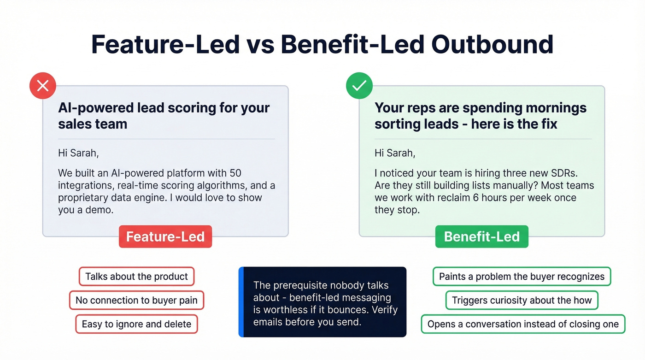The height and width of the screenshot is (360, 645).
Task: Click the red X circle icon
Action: pos(43,86)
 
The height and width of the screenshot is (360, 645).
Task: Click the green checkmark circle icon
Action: pos(359,86)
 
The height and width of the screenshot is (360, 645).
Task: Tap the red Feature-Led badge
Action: pos(165,236)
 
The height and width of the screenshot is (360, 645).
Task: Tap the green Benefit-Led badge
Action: pos(481,236)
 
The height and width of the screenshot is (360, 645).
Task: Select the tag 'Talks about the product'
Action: pos(136,277)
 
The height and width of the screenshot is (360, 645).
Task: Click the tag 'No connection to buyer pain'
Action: pos(136,300)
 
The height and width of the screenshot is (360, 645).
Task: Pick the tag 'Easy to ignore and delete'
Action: pos(136,324)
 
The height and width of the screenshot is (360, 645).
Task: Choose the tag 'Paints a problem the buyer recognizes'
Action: pos(522,277)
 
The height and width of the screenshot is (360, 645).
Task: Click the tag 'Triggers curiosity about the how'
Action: pos(522,300)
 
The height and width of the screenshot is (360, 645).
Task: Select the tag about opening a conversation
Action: pos(523,324)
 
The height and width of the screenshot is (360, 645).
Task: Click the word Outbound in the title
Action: pos(492,45)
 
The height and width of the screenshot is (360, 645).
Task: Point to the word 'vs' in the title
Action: pos(260,45)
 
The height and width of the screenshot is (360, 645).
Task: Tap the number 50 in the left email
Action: pos(235,173)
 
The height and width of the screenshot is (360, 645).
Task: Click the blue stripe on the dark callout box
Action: pos(241,302)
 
